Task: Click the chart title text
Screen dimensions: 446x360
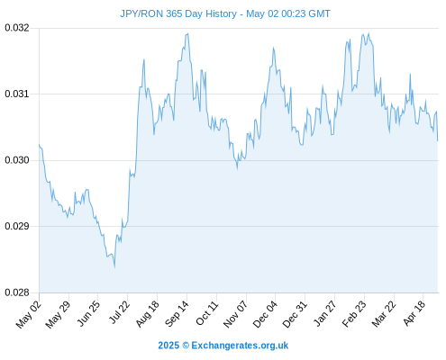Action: coord(225,13)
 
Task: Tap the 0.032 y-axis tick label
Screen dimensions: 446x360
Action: coord(17,28)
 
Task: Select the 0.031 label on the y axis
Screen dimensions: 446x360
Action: coord(17,94)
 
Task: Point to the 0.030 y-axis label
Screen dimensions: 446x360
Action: coord(17,160)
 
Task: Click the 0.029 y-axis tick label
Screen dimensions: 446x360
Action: coord(17,226)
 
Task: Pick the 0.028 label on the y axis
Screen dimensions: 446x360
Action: coord(17,292)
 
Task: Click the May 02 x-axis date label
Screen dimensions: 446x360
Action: coord(28,314)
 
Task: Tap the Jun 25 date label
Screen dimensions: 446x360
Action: coord(88,313)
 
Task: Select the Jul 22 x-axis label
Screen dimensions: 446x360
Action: coord(119,312)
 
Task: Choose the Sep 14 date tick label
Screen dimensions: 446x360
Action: coord(177,313)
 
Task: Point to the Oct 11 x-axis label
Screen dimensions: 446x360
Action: coord(206,313)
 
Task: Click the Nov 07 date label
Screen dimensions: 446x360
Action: coord(235,313)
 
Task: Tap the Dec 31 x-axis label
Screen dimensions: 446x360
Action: coord(295,313)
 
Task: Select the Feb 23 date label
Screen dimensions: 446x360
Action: coord(354,313)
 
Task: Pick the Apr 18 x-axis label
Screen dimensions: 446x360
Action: coord(414,313)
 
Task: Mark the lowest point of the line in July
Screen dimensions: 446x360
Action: coord(114,266)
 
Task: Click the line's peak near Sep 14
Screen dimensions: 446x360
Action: coord(187,33)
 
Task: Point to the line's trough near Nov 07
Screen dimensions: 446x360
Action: coord(237,169)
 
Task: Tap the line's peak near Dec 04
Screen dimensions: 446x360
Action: coord(273,48)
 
